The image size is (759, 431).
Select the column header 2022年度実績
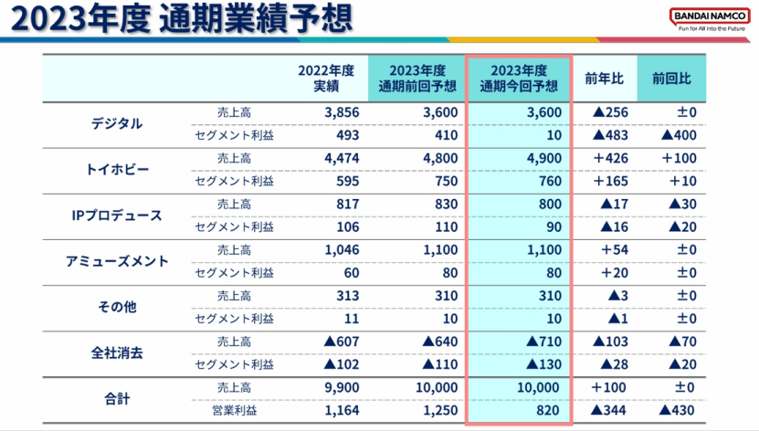point(326,79)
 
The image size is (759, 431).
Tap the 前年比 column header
point(604,79)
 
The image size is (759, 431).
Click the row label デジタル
point(117,124)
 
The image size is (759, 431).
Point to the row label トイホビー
point(117,170)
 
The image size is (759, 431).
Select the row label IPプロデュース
point(117,215)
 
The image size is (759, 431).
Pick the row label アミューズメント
point(117,261)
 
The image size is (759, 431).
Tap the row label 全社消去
point(117,352)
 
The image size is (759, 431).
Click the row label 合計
point(117,398)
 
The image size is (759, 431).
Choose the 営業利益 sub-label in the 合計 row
point(233,410)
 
